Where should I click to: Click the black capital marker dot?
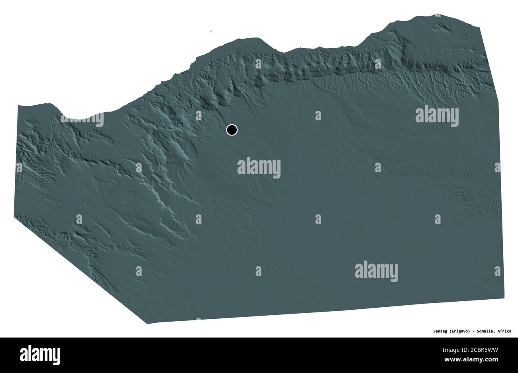[x=232, y=130]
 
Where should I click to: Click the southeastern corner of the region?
[x=504, y=297]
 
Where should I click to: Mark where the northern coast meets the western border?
[x=18, y=106]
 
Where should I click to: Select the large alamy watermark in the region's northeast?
[x=437, y=116]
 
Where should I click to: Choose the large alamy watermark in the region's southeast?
[x=376, y=269]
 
